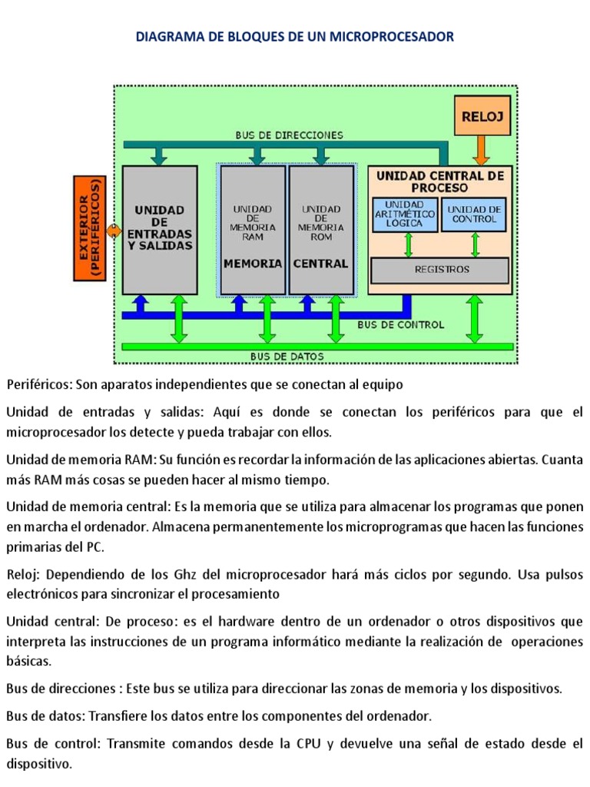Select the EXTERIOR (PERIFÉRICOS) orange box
click(x=88, y=227)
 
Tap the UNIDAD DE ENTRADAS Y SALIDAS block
click(x=160, y=229)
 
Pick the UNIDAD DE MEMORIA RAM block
click(x=252, y=229)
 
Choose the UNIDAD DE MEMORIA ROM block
click(x=321, y=229)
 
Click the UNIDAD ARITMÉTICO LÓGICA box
click(x=404, y=214)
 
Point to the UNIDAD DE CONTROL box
click(x=475, y=214)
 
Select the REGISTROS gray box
click(x=441, y=270)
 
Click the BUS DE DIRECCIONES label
click(x=289, y=134)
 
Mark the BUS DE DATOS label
click(x=287, y=357)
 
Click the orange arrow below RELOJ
click(x=482, y=150)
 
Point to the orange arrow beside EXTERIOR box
click(x=114, y=231)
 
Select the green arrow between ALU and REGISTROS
click(x=408, y=244)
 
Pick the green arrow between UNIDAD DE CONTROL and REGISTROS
click(x=476, y=244)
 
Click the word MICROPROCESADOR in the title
click(x=393, y=36)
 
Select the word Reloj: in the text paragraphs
click(x=23, y=575)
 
